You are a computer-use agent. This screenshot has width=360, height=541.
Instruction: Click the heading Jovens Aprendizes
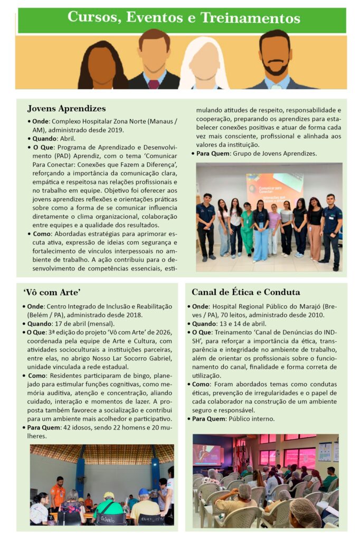click(x=66, y=109)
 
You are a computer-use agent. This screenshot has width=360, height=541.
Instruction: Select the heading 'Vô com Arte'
click(x=52, y=292)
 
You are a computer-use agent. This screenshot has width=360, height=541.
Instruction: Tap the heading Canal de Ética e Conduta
click(x=245, y=292)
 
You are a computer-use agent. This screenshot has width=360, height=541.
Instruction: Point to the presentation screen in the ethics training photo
click(x=207, y=454)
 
